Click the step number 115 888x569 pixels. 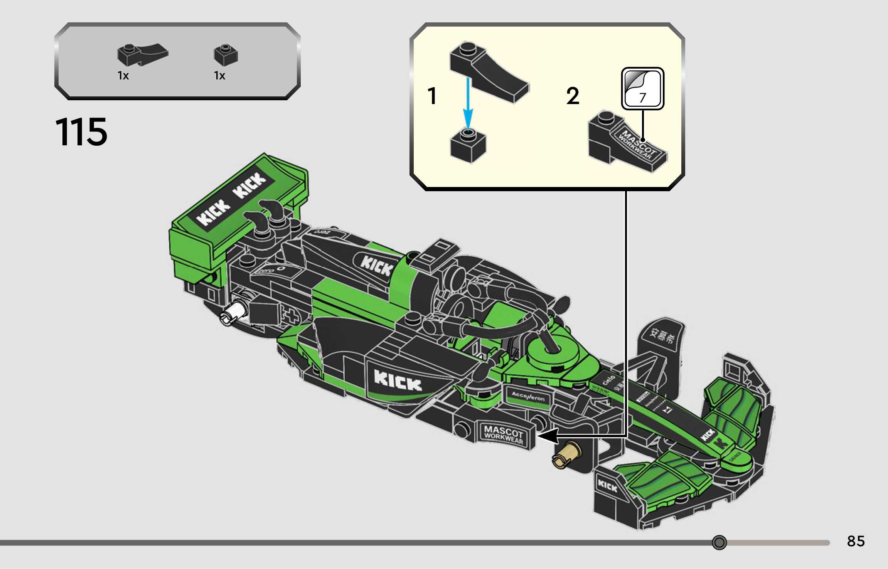click(81, 132)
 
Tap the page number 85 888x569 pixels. click(856, 541)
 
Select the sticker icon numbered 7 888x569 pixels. click(642, 89)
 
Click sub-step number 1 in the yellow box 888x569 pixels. click(432, 96)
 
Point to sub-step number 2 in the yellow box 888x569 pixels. click(573, 96)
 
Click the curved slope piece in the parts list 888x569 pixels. click(142, 55)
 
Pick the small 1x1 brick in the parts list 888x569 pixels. click(226, 55)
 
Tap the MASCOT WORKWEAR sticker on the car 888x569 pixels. click(504, 434)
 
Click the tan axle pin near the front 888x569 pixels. click(566, 454)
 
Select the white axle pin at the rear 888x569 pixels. click(234, 312)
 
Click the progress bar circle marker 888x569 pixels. click(719, 542)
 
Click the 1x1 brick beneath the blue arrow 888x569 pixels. click(468, 146)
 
